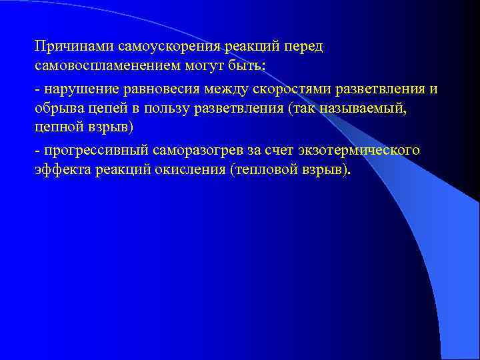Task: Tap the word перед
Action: pyautogui.click(x=303, y=47)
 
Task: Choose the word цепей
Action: pyautogui.click(x=110, y=109)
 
